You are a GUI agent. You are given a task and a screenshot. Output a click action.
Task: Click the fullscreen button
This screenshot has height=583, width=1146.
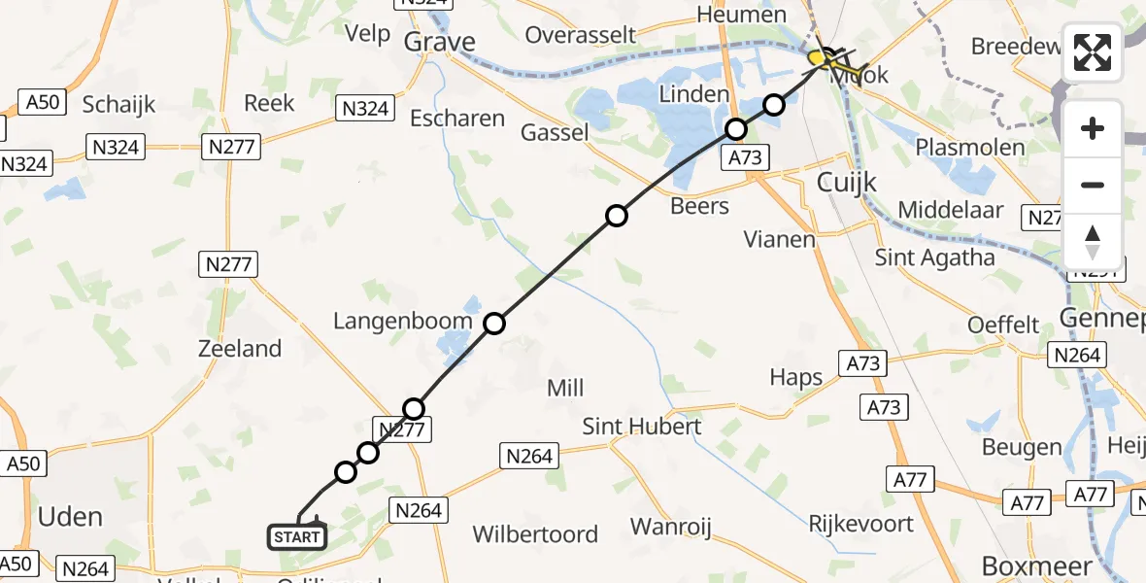click(1093, 52)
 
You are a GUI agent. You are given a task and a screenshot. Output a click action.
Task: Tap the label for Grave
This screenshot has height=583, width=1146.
click(439, 42)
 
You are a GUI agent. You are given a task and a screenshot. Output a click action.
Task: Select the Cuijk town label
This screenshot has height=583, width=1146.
click(847, 182)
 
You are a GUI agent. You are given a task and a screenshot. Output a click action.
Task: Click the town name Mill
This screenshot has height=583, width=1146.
click(565, 389)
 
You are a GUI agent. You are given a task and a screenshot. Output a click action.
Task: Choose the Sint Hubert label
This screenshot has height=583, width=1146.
click(641, 427)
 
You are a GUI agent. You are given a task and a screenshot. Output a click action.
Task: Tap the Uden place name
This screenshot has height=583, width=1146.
click(70, 516)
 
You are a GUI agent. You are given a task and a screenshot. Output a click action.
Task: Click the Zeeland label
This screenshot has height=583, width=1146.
click(239, 349)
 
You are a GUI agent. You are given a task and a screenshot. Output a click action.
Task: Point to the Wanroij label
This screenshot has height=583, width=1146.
click(671, 528)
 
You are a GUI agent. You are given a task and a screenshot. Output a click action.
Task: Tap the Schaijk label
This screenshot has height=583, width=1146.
click(118, 105)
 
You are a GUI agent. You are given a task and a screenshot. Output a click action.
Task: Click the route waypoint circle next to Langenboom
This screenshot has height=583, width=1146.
click(494, 324)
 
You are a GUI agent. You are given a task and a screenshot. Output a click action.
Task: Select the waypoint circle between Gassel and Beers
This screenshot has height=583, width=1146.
click(617, 216)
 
